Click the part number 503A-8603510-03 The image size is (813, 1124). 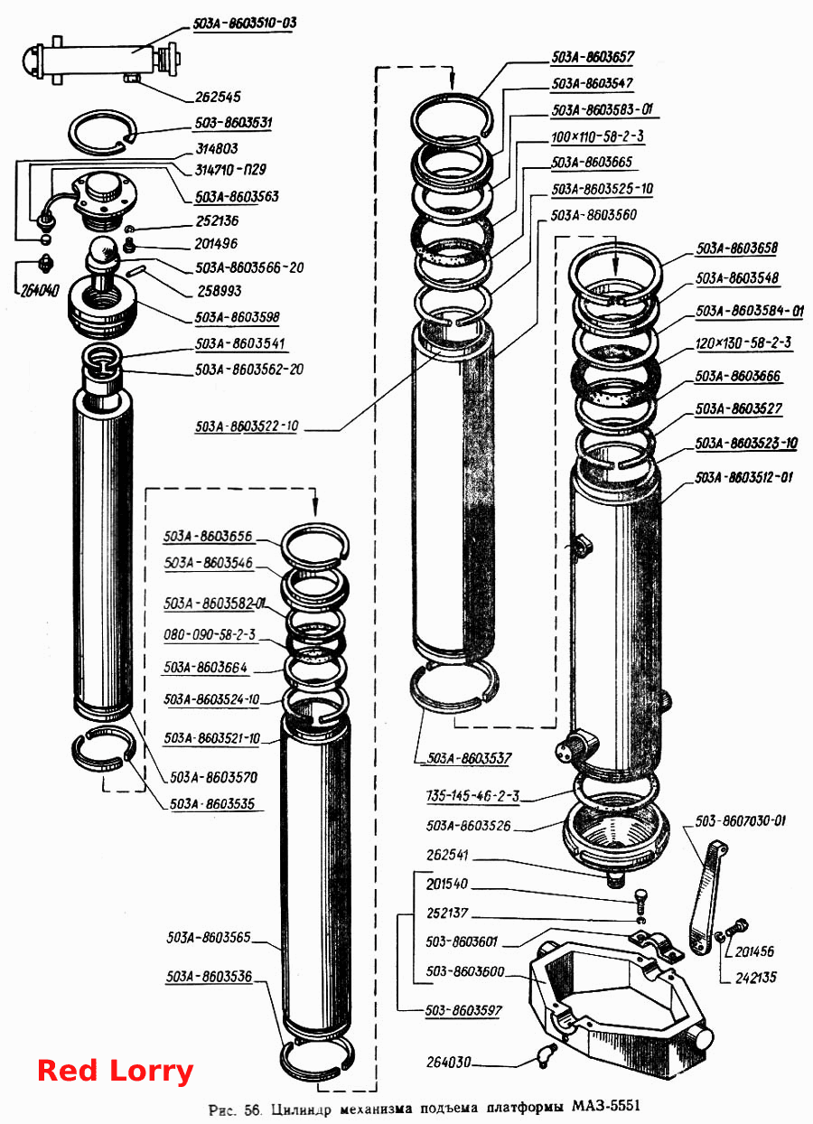(x=245, y=23)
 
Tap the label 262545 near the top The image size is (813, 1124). (x=218, y=97)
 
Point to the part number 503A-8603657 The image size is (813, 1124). (x=593, y=57)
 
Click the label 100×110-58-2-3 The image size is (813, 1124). (x=597, y=136)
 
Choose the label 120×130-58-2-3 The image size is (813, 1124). (x=743, y=342)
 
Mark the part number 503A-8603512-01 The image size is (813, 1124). (x=743, y=477)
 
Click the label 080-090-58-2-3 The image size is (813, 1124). (x=210, y=634)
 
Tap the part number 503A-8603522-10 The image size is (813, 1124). (x=247, y=426)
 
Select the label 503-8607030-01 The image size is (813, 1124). (x=740, y=821)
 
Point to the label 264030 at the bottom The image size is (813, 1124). (x=449, y=1062)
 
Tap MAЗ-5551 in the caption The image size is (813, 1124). (x=606, y=1106)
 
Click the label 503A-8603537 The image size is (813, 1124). (x=469, y=758)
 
